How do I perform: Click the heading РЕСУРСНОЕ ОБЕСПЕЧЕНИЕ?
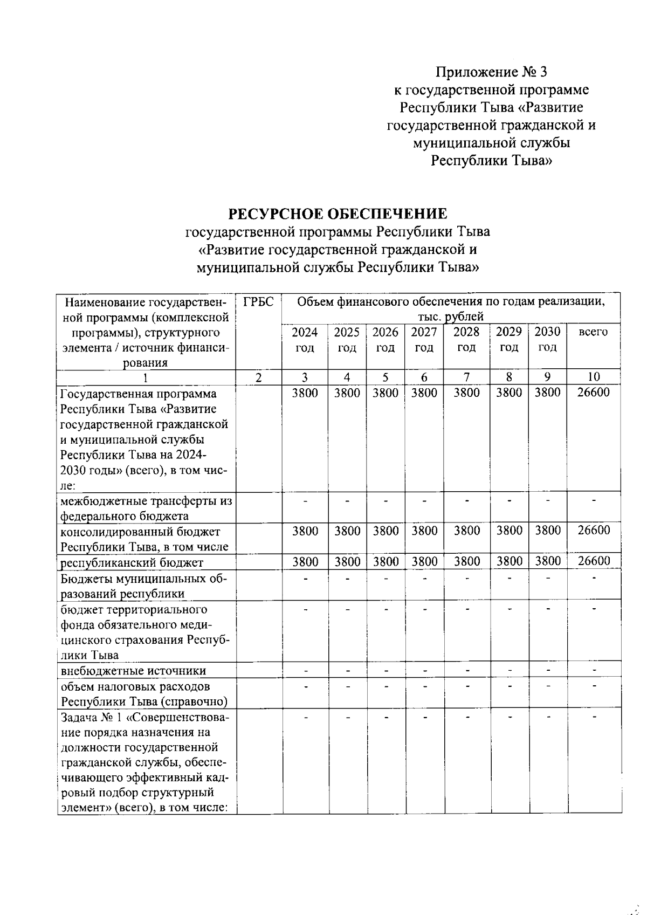point(338,214)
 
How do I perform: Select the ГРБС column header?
point(258,302)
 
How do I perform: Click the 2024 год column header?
point(305,339)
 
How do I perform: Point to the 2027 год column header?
point(424,339)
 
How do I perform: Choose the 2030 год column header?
point(547,339)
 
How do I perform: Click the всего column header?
point(593,332)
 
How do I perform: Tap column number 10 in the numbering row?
point(594,377)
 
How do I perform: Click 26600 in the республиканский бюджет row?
point(594,561)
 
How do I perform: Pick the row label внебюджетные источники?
point(133,671)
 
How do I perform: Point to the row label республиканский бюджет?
point(132,562)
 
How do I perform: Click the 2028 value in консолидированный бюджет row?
point(466,531)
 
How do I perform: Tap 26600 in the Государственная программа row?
point(593,393)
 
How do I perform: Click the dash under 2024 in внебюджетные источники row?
point(305,671)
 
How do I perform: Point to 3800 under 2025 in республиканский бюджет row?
point(347,561)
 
